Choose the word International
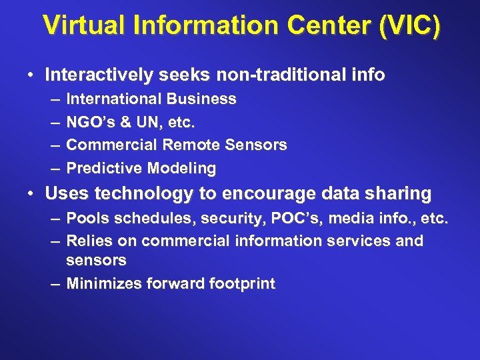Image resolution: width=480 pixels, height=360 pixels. (x=114, y=99)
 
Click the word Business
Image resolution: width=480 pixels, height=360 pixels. (x=201, y=99)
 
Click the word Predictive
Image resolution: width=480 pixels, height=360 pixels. (x=104, y=169)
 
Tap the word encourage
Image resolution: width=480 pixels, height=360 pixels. (x=265, y=194)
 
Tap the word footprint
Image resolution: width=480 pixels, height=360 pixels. (x=242, y=283)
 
